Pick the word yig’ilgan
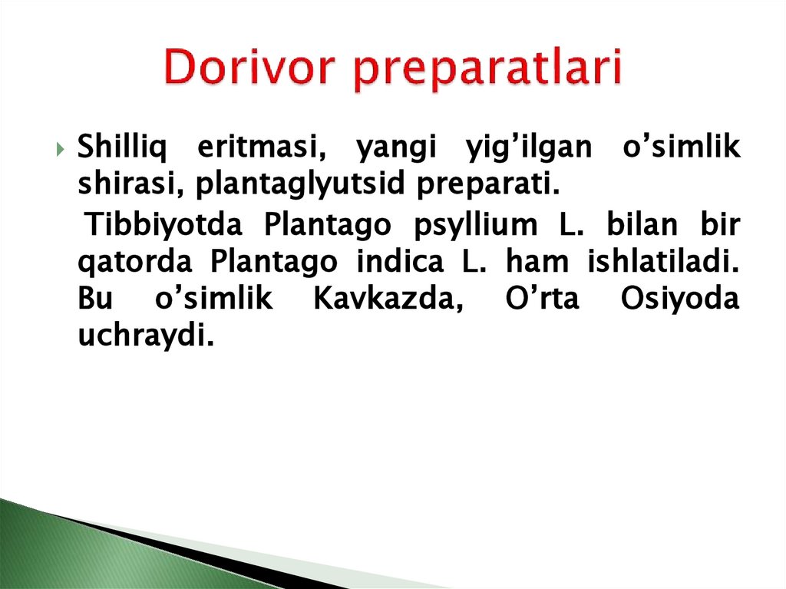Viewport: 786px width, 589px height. [x=528, y=147]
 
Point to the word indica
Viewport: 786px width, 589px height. [x=399, y=262]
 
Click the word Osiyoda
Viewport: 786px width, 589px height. [x=680, y=299]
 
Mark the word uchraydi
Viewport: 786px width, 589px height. [x=144, y=337]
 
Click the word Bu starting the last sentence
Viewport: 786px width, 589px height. [x=96, y=299]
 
